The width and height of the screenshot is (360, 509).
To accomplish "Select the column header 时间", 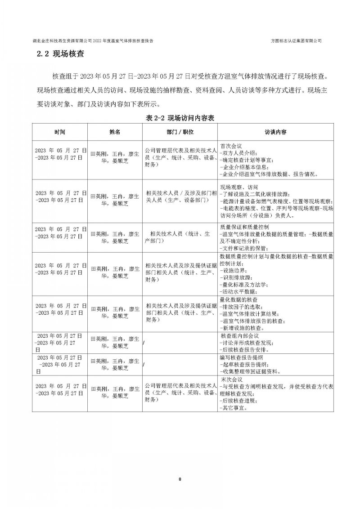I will (x=59, y=132).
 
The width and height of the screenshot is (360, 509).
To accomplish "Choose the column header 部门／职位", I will (x=180, y=132).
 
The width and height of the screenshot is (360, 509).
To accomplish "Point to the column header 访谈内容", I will (x=275, y=132).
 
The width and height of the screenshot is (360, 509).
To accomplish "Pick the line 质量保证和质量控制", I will (x=244, y=227).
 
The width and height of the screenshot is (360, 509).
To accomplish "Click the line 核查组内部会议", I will (x=240, y=335).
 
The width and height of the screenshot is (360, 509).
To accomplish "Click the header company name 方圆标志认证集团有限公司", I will (x=296, y=40).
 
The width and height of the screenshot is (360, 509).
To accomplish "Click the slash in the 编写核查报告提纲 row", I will (x=144, y=365).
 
